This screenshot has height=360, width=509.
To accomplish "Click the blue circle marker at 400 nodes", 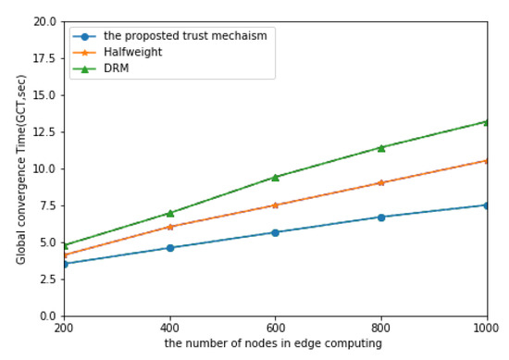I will (x=169, y=248).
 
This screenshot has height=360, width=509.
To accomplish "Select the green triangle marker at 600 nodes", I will (x=275, y=177).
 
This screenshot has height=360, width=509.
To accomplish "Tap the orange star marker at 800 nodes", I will (x=380, y=182).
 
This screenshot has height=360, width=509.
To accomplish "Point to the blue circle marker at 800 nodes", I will (x=380, y=217).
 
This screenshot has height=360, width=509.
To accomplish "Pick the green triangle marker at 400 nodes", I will (x=169, y=213).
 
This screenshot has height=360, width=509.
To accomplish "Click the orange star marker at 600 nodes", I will (x=275, y=205).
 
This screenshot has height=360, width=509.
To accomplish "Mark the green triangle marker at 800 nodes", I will (x=380, y=147).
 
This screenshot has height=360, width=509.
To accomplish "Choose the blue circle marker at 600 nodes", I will (x=275, y=232).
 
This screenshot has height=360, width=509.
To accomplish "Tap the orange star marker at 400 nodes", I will (x=169, y=227).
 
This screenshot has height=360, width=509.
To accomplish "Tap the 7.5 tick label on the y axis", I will (x=47, y=205).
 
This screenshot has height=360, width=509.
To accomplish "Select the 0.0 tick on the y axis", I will (x=47, y=317).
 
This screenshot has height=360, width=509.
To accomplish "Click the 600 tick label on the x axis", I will (x=275, y=329).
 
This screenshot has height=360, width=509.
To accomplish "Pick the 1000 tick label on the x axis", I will (x=485, y=329).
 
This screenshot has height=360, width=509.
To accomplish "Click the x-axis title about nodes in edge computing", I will (x=276, y=344).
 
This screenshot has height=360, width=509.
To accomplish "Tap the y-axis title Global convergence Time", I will (x=21, y=168).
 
